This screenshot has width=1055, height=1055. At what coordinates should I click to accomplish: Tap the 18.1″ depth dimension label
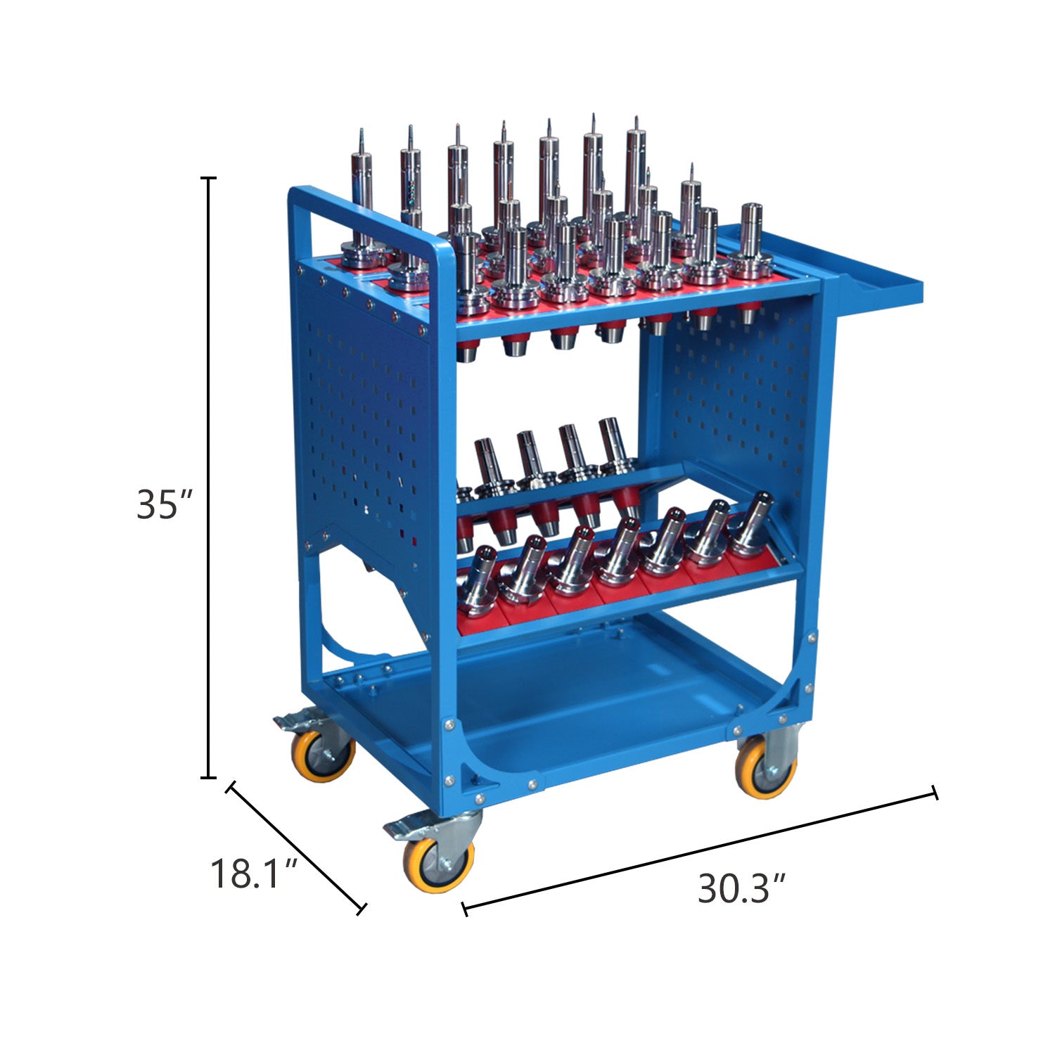point(255,874)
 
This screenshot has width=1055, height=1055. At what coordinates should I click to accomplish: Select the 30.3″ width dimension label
point(741,888)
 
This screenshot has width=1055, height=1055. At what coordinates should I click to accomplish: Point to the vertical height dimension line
point(208,478)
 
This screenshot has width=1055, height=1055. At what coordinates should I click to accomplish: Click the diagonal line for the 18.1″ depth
point(295,847)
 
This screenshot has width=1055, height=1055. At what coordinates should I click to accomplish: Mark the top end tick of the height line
point(208,179)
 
